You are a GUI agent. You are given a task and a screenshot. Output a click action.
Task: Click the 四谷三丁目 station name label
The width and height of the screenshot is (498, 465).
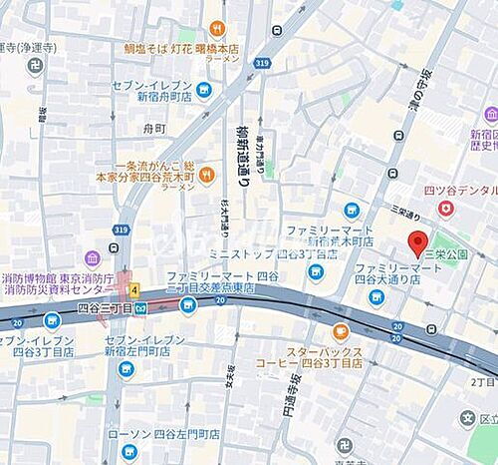point(105,307)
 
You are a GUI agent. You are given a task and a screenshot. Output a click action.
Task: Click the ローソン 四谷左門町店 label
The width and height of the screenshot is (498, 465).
point(176,434)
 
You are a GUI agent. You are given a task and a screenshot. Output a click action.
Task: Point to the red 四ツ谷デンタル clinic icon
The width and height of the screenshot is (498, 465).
point(445,208)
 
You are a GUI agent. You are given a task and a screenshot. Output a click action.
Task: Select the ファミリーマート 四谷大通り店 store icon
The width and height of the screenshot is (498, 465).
point(375,296)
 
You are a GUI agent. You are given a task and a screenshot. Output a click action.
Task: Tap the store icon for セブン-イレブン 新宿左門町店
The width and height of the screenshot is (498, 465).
point(125,367)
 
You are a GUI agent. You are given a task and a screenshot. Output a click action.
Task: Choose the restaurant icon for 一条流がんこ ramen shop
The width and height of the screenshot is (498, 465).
point(207,177)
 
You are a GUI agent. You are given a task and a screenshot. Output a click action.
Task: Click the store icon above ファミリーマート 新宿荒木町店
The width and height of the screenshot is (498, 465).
point(351,210)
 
